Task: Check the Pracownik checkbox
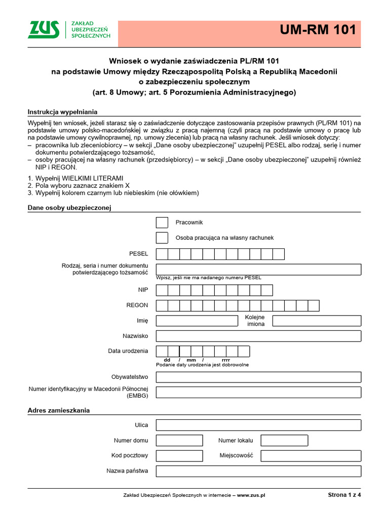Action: coord(162,223)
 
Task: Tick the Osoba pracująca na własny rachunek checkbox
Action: coord(162,238)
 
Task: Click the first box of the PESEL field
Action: coord(162,254)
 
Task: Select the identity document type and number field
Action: coord(258,269)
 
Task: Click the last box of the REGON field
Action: coord(314,306)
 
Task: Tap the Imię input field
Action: coord(197,321)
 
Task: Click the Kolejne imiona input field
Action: coord(317,321)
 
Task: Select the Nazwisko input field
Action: coord(258,336)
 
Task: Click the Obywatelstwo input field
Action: coord(258,377)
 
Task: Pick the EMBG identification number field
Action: coord(258,392)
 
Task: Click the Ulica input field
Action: coord(258,425)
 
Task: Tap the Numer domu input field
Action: coord(179,440)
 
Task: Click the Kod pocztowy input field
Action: coord(179,456)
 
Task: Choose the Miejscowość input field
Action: coord(310,456)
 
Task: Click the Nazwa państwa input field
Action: coord(258,471)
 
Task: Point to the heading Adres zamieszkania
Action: coord(59,410)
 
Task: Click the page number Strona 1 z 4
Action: coord(344,495)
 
